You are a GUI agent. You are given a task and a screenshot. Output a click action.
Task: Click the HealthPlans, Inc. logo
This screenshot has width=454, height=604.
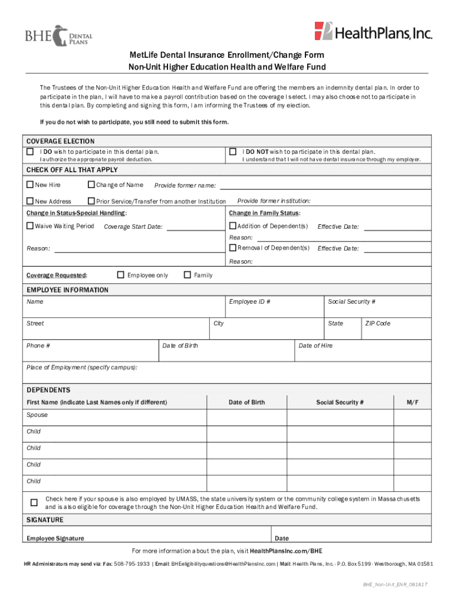(373, 32)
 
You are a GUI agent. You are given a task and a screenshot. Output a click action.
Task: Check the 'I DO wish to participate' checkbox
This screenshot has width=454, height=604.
(30, 152)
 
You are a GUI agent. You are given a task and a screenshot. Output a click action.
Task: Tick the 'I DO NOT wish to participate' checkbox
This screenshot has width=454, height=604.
(232, 152)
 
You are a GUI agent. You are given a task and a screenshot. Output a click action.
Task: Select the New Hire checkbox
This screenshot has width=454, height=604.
(30, 185)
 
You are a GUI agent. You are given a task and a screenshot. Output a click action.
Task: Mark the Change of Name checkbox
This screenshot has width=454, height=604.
(91, 185)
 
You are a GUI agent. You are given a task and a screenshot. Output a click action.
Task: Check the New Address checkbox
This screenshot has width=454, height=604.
(30, 201)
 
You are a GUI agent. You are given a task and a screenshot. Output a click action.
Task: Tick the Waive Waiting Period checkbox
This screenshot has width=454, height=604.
(30, 226)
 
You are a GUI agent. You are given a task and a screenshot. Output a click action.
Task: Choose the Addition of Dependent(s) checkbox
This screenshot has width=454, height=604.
(232, 226)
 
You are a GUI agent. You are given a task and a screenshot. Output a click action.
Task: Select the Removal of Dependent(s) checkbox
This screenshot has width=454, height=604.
(232, 248)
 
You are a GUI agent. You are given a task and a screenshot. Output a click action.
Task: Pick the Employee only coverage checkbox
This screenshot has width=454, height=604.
(120, 275)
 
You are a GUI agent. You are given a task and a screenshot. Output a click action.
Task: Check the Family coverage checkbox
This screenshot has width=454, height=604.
(187, 275)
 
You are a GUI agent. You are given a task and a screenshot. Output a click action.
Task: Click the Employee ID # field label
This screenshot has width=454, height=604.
(249, 302)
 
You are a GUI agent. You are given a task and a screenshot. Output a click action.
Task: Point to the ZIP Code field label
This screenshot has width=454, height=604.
(378, 324)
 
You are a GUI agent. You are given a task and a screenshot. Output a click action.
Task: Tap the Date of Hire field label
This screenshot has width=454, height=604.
(315, 346)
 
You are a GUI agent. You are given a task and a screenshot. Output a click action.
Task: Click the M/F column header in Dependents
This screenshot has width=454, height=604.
(413, 402)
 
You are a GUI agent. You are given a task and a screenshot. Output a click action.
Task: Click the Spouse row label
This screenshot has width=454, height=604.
(37, 415)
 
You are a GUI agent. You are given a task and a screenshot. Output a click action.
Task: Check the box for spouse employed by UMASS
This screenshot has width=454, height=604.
(34, 503)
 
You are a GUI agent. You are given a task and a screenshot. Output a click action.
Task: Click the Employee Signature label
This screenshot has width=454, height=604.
(55, 538)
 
